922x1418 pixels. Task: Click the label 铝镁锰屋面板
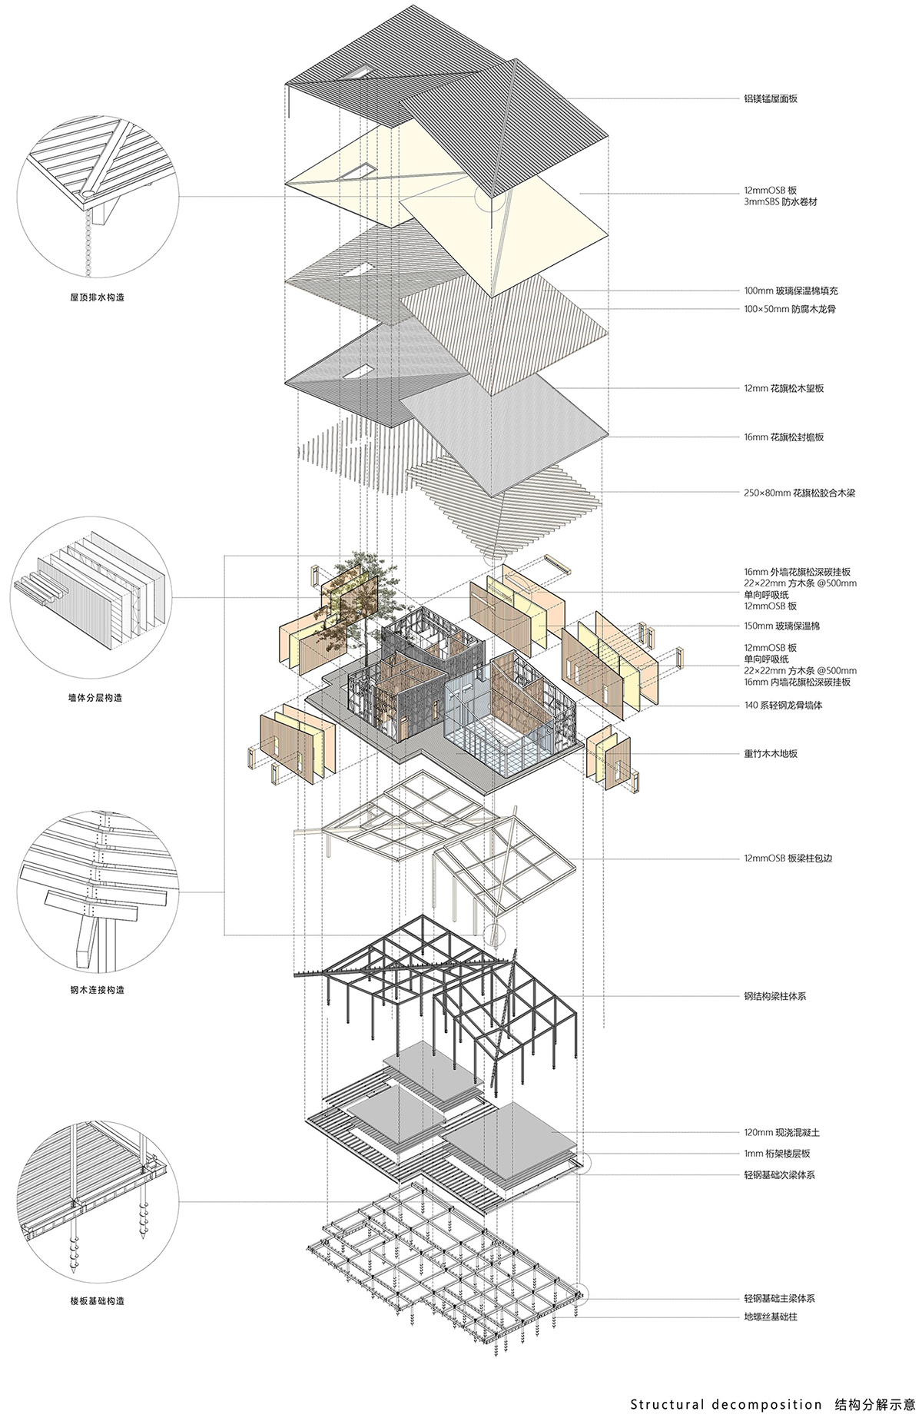tap(771, 98)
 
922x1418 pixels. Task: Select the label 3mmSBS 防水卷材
tap(774, 202)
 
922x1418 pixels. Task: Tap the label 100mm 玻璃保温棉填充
tap(791, 291)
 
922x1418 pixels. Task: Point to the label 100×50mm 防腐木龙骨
tap(789, 309)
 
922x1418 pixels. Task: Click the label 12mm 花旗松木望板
tap(784, 389)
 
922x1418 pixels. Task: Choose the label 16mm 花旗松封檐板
tap(784, 437)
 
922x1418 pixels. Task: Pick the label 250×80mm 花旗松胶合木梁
tap(799, 493)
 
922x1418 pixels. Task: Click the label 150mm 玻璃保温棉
tap(781, 626)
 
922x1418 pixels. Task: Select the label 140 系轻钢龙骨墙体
tap(783, 705)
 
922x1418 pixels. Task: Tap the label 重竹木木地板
tap(771, 754)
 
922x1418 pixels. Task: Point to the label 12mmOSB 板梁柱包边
tap(788, 858)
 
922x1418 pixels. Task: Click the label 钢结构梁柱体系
tap(774, 997)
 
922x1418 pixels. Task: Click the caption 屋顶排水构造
tap(97, 297)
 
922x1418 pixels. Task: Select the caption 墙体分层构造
tap(95, 698)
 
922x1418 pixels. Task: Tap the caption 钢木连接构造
tap(97, 990)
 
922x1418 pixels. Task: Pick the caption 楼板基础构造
tap(97, 1301)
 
